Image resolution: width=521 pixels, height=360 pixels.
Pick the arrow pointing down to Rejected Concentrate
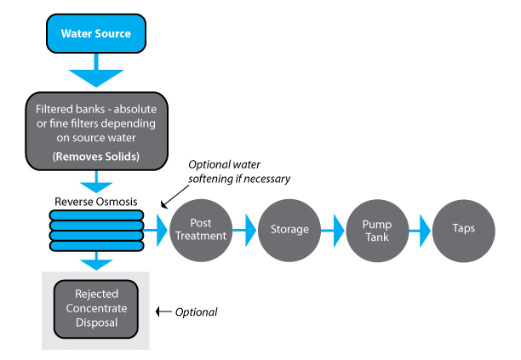point(96,260)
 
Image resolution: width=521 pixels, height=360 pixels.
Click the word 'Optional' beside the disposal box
point(196,312)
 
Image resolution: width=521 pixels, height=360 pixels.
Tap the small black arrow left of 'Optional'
point(163,312)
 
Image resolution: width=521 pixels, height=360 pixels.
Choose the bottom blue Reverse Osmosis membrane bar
point(97,245)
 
